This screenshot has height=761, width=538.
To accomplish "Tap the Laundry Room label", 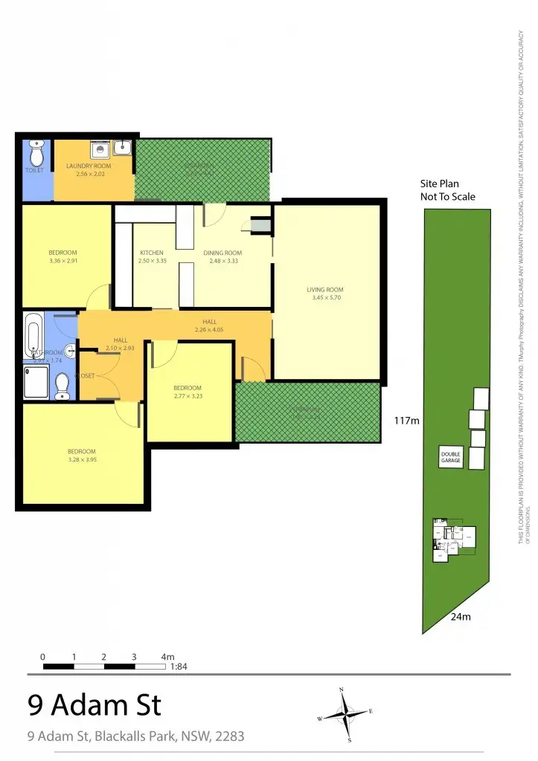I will click(89, 166).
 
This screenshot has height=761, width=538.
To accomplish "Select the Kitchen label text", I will click(152, 253).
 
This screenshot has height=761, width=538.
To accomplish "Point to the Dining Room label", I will click(223, 253).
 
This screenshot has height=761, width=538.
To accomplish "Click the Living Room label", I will click(325, 290).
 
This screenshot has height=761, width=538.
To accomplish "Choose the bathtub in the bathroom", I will click(33, 335).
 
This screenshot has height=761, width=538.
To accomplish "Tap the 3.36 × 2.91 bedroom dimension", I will click(63, 261).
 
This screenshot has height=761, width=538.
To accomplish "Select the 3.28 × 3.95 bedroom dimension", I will click(82, 459).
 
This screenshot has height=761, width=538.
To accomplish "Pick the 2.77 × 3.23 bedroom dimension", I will click(188, 396).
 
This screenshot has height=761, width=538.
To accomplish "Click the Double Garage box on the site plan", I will click(451, 458).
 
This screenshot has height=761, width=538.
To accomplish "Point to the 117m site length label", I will click(406, 421).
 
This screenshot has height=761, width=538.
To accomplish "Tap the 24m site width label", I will click(461, 616).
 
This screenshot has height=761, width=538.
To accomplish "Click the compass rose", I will click(345, 714).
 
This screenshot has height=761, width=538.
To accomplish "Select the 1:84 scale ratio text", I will click(178, 667).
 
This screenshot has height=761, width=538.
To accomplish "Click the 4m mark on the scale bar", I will click(167, 657).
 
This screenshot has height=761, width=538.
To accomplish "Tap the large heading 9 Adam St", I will click(94, 704).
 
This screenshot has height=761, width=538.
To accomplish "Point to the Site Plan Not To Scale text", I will click(448, 190).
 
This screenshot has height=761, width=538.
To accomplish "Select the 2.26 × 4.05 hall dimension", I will click(210, 329).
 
